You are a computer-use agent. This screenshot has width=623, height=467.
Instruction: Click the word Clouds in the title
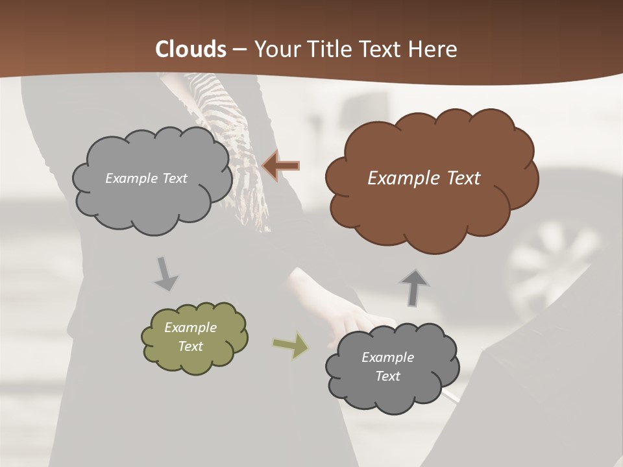(x=191, y=49)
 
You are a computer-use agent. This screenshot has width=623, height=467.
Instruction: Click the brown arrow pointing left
(x=280, y=166)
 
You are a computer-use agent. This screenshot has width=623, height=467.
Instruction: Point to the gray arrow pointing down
(x=165, y=274)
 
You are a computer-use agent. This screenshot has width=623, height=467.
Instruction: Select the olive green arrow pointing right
(x=291, y=346)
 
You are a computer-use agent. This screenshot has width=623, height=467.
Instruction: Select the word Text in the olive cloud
(x=191, y=346)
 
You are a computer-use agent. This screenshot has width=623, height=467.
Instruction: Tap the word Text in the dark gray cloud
(x=388, y=376)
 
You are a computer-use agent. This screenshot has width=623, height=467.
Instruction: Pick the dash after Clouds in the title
(x=239, y=50)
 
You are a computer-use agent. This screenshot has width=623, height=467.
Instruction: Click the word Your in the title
(x=274, y=49)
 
